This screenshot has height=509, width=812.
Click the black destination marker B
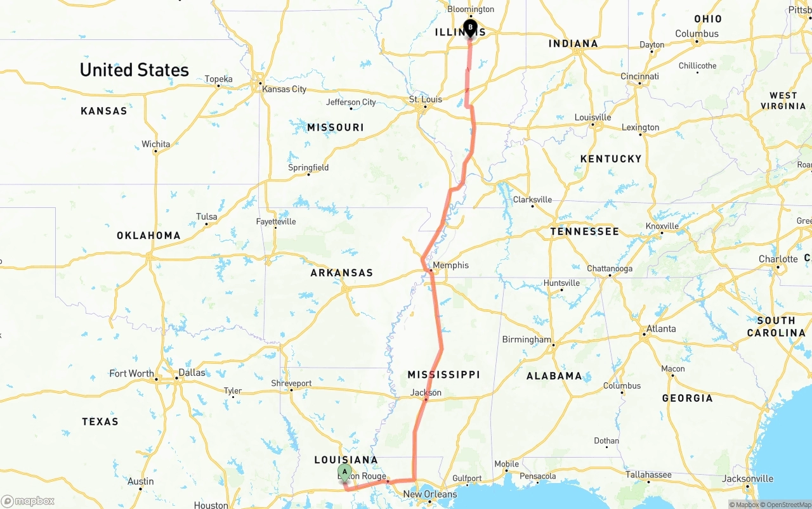(470, 29)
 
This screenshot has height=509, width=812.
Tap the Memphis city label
(450, 265)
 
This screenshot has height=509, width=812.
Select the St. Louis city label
(425, 100)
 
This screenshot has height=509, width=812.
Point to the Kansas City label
(284, 89)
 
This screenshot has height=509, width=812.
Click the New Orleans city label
(429, 494)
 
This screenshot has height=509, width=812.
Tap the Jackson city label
(426, 392)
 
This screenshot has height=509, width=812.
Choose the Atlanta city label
(661, 328)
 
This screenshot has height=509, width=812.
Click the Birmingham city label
(527, 339)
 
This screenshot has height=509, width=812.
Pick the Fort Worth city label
(132, 373)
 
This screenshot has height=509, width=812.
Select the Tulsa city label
(207, 216)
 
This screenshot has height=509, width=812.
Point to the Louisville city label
(593, 117)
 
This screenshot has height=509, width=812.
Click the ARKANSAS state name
(341, 273)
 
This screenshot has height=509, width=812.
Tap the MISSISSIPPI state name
(443, 375)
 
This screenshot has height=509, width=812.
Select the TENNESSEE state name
(584, 231)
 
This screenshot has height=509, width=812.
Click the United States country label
(134, 70)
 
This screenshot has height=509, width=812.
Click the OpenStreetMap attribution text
(787, 505)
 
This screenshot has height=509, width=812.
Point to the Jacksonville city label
(748, 479)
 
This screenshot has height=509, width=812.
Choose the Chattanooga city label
(610, 268)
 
